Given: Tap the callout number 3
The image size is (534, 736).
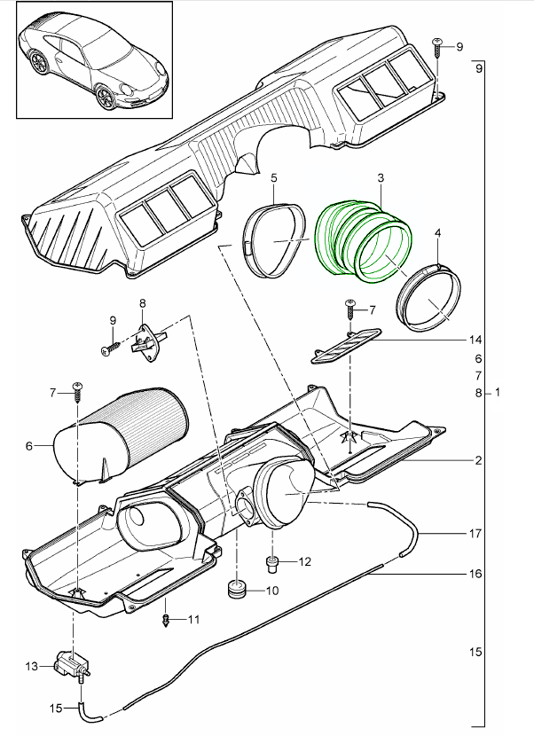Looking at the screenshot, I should [x=381, y=179].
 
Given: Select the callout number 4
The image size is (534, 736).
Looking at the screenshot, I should [x=438, y=232].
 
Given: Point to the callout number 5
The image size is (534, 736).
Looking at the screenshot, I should [x=274, y=178].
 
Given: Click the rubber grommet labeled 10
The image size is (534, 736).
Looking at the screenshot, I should [x=238, y=590].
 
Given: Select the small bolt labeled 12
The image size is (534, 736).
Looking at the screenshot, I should [x=273, y=561].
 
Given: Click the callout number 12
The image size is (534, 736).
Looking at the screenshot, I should [x=304, y=561].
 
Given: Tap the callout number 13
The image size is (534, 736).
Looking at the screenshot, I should [x=31, y=665].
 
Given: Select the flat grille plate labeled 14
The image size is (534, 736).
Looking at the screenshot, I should [x=345, y=345].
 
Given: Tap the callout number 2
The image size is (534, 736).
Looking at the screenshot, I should [x=477, y=461].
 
